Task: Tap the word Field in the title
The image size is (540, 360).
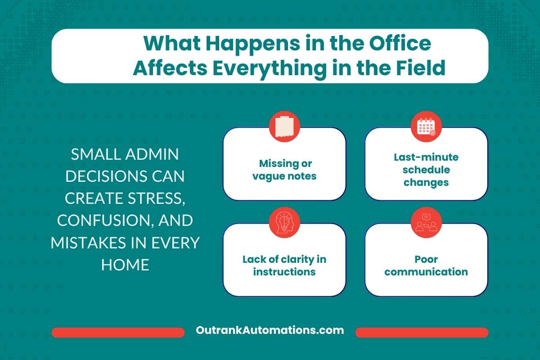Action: tap(420, 68)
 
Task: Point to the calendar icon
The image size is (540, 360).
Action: tap(426, 126)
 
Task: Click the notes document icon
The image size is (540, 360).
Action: tap(284, 126)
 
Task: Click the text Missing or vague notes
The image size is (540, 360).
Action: tap(284, 170)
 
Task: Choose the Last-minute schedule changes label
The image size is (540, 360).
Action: tap(426, 170)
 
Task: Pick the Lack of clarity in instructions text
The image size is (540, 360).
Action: tap(284, 265)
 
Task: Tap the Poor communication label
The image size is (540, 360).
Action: tap(426, 265)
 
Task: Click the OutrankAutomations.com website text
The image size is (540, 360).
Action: tap(270, 330)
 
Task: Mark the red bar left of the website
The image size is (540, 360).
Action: tap(118, 333)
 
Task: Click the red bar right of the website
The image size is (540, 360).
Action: tap(422, 333)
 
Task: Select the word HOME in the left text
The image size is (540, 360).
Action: tap(125, 265)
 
